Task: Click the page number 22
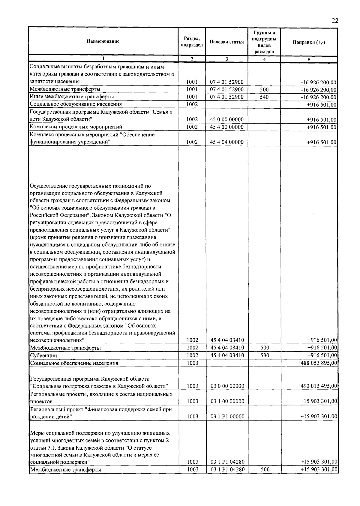pos(335,21)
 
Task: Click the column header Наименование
pos(103,41)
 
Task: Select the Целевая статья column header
pos(226,42)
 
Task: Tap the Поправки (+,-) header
pos(309,42)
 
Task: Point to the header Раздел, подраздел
pos(192,42)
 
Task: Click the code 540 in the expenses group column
pos(264,97)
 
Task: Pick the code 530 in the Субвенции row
pos(265,355)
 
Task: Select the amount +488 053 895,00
pos(317,363)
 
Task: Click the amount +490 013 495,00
pos(317,386)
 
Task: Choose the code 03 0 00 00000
pos(227,386)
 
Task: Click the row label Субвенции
pos(43,355)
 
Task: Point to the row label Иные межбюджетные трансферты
pos(72,97)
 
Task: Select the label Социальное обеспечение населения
pos(74,363)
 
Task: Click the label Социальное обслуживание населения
pos(76,104)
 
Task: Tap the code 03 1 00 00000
pos(227,401)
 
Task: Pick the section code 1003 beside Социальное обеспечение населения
pos(192,363)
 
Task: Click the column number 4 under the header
pos(264,59)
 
